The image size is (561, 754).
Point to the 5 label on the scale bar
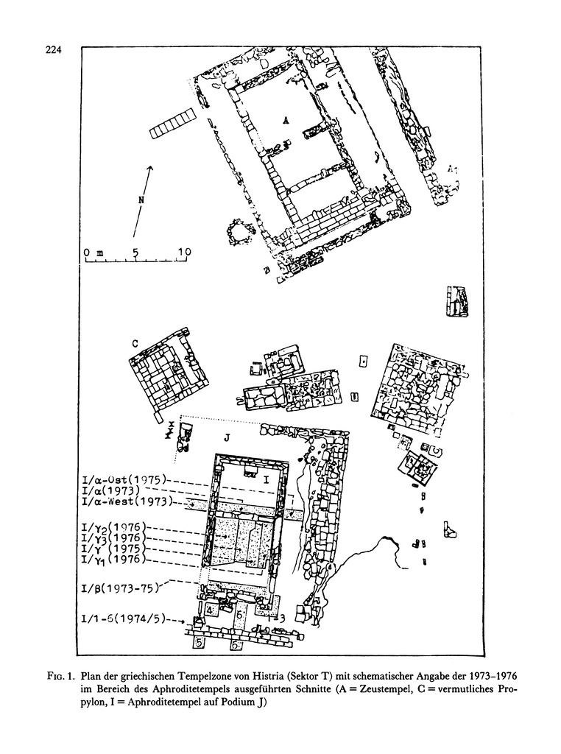pos(135,252)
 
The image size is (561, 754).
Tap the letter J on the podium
pos(227,437)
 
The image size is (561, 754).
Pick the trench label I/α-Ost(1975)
pos(126,478)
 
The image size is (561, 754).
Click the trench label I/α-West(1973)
pos(127,502)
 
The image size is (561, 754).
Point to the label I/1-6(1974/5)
pos(125,619)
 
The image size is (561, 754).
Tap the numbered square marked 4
pos(209,610)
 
